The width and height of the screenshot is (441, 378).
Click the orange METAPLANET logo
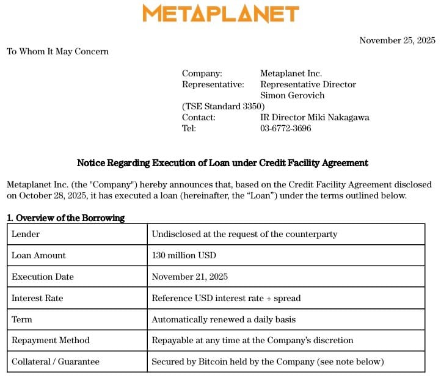click(x=221, y=13)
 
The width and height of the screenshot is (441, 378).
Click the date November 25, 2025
click(x=397, y=40)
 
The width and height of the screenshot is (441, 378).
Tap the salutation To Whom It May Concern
click(x=57, y=51)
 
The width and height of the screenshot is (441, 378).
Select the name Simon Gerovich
click(x=292, y=95)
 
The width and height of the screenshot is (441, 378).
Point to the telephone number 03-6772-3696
click(x=285, y=128)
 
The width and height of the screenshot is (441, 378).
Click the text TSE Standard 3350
click(x=224, y=106)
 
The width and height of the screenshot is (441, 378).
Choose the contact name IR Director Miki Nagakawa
click(x=315, y=117)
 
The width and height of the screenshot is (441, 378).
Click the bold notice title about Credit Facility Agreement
click(x=222, y=163)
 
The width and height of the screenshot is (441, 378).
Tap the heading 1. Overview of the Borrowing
click(x=65, y=218)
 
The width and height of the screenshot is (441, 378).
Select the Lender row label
click(x=26, y=234)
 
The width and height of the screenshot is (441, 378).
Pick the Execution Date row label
click(x=43, y=277)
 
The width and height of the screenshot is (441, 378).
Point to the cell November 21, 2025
click(x=189, y=277)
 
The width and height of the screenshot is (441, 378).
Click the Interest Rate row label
click(x=37, y=298)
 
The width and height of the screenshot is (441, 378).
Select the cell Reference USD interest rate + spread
click(x=226, y=298)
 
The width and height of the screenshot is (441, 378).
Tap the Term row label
click(x=22, y=319)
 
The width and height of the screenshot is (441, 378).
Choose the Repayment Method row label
click(x=51, y=340)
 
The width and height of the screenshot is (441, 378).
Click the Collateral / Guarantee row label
click(x=56, y=362)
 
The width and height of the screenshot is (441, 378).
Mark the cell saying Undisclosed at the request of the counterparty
click(x=244, y=234)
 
